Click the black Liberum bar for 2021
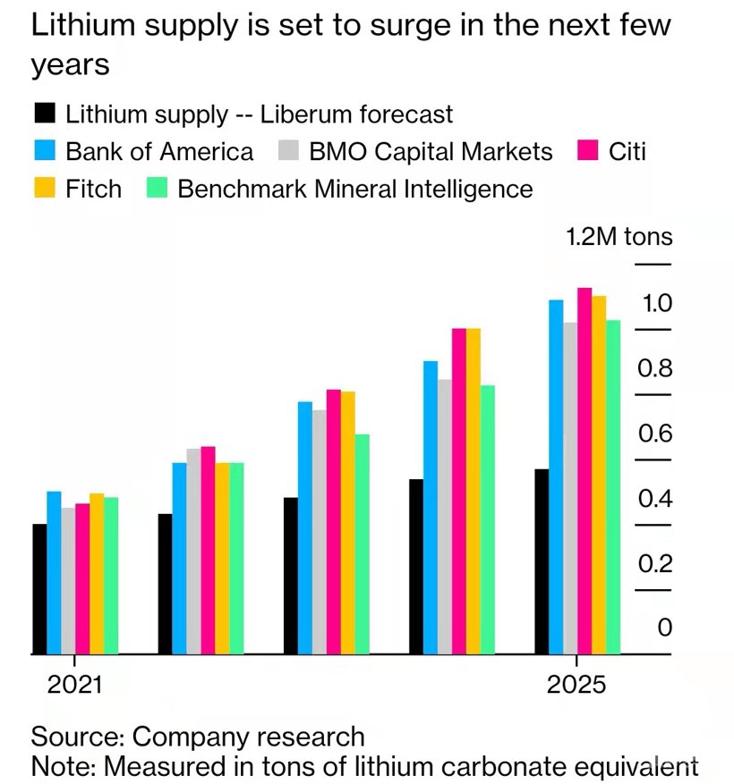click(x=39, y=589)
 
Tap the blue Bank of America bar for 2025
click(x=556, y=477)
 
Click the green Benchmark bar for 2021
click(x=111, y=576)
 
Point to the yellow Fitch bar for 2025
click(x=599, y=475)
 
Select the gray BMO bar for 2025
click(x=570, y=488)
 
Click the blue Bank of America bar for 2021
click(x=54, y=573)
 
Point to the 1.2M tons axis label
click(x=619, y=238)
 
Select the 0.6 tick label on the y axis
click(x=654, y=434)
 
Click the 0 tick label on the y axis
click(x=664, y=628)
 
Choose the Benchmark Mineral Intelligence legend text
click(x=355, y=189)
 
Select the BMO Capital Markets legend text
click(x=431, y=151)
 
